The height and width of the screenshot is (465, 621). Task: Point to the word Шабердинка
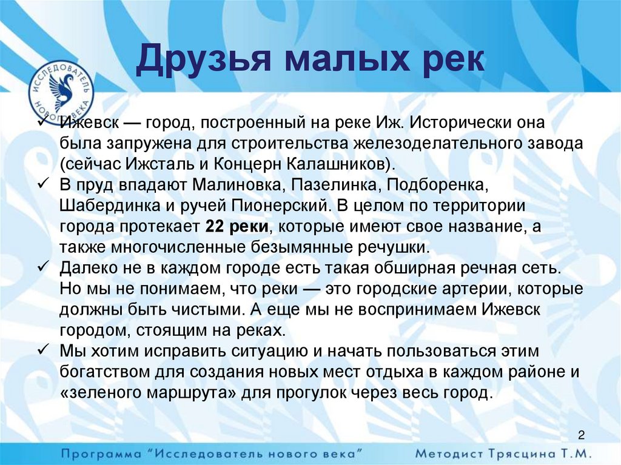[x=104, y=206]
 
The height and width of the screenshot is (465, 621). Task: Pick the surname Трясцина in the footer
[x=522, y=453]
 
